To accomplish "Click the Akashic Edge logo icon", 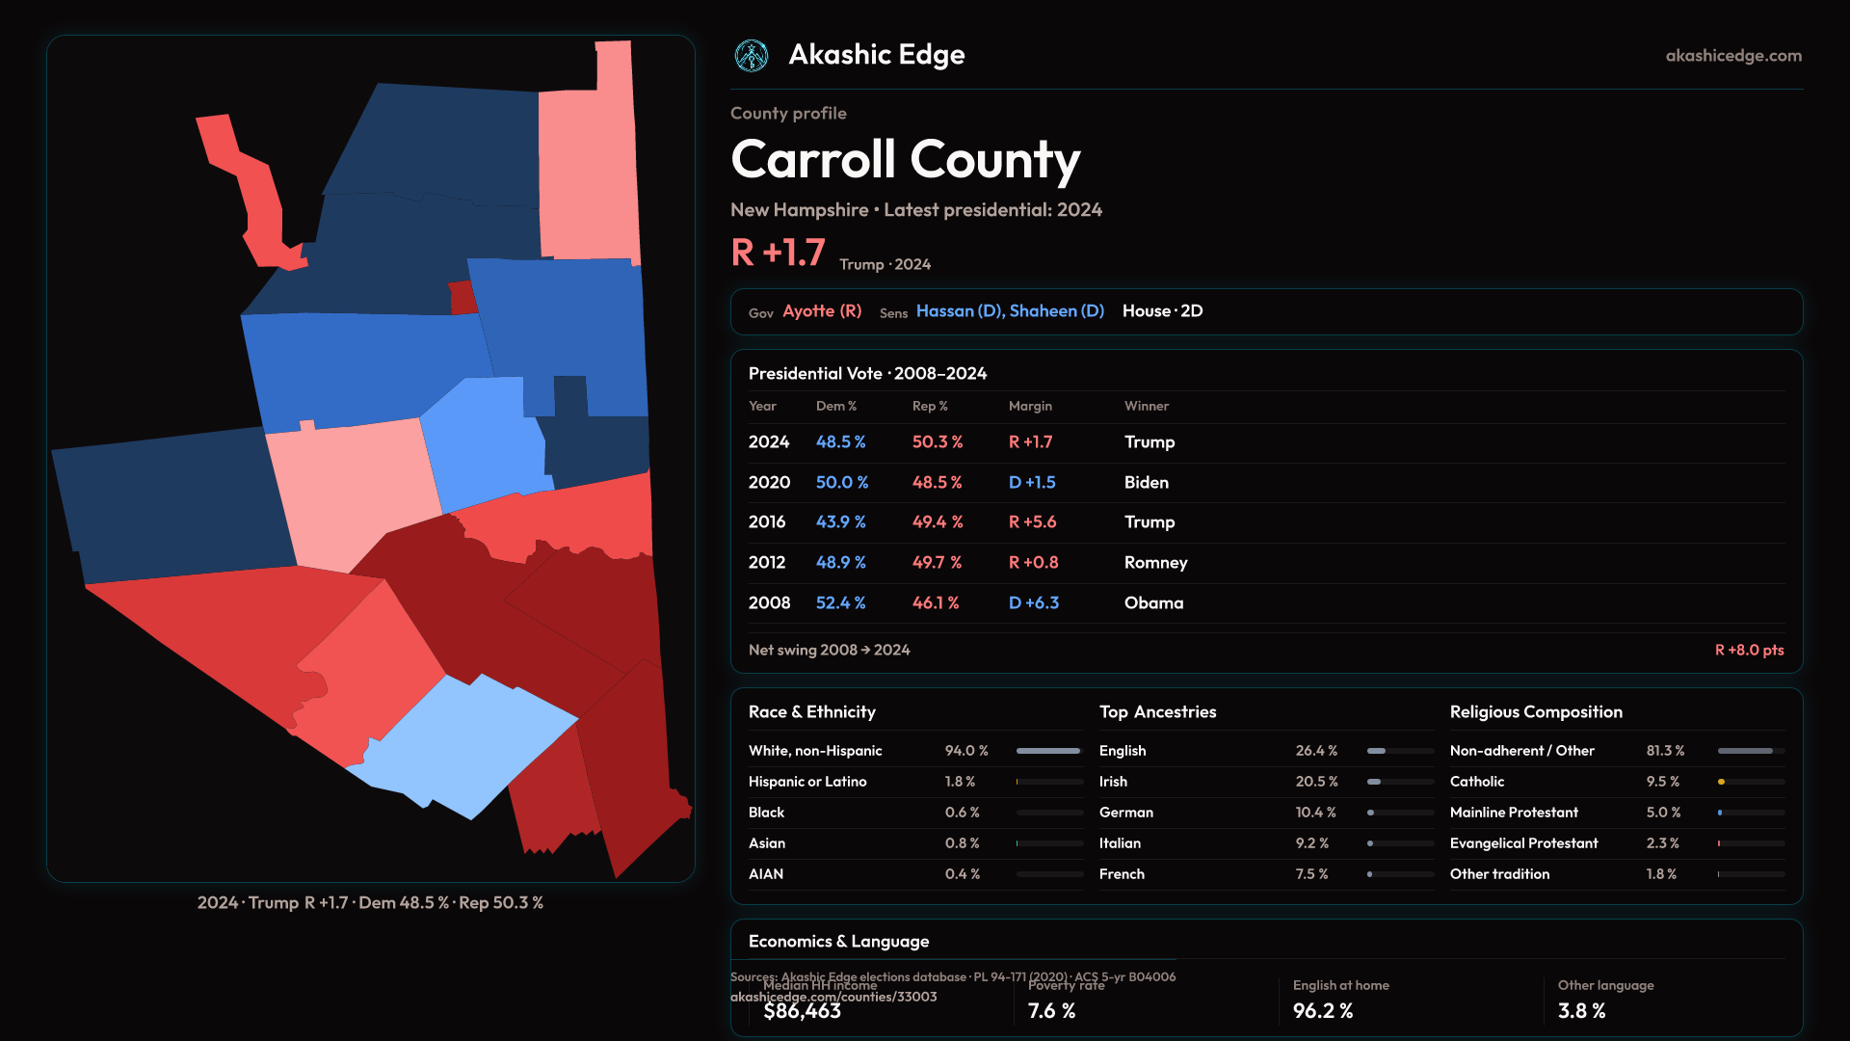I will point(752,56).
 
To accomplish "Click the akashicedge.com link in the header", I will point(1733,56).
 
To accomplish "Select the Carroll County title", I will point(905,159).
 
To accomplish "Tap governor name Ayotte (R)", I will point(822,311).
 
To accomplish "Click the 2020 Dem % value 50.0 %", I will point(841,482).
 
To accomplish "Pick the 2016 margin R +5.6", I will point(1032,521).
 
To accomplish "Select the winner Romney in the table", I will point(1155,562).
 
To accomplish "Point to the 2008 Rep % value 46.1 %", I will point(936,602).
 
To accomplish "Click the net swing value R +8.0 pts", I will point(1749,650).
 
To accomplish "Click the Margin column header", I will point(1030,406).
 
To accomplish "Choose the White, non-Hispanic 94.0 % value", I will point(966,750).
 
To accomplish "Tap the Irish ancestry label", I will point(1113,781).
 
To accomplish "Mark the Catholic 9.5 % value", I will point(1662,781).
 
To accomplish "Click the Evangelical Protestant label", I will point(1523,842).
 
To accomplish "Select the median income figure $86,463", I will point(802,1010).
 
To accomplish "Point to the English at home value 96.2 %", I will point(1322,1010).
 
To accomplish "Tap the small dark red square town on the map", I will point(463,298).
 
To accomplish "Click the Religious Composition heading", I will point(1536,711).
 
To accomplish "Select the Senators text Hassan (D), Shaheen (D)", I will point(1010,311).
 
